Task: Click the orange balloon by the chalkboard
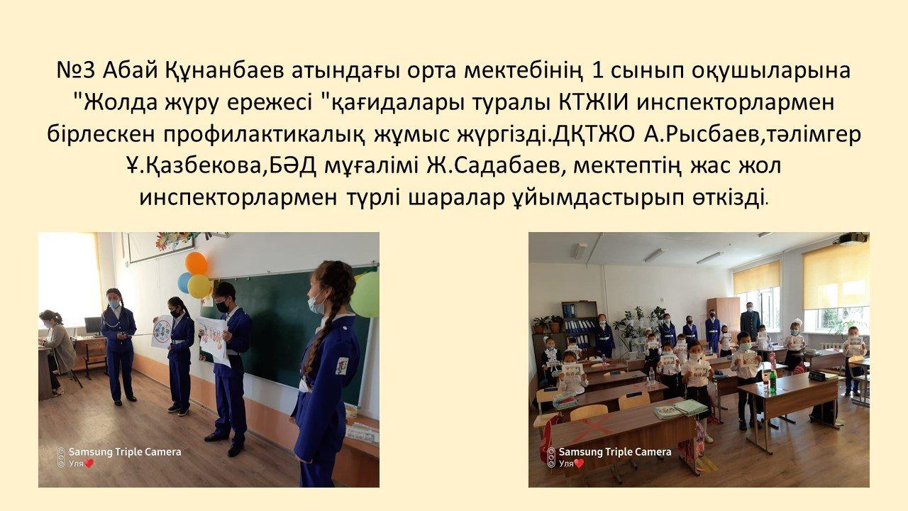pyautogui.click(x=196, y=263)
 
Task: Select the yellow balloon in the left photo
pyautogui.click(x=199, y=286)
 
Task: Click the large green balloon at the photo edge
pyautogui.click(x=365, y=295)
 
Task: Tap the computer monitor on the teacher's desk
pyautogui.click(x=92, y=325)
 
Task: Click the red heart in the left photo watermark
pyautogui.click(x=89, y=463)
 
